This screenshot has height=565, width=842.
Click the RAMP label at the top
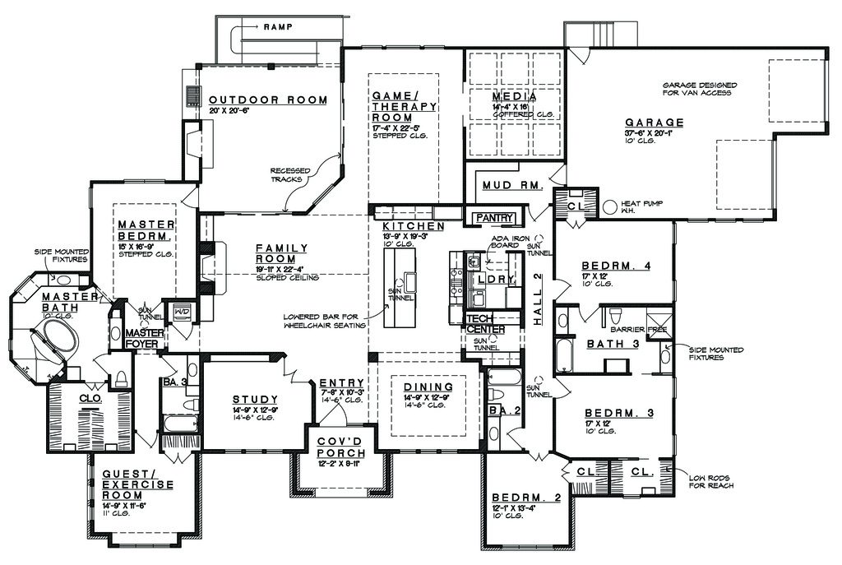(278, 27)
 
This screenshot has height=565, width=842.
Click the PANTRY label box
(493, 218)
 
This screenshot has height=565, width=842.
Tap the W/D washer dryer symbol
(180, 312)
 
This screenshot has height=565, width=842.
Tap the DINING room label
(428, 387)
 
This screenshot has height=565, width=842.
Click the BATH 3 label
(613, 343)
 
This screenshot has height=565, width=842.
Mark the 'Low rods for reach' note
(711, 480)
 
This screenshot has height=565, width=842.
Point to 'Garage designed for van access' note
(699, 89)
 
